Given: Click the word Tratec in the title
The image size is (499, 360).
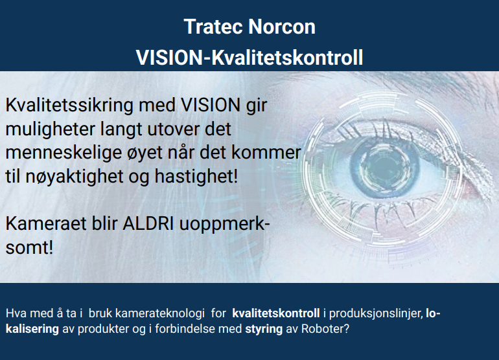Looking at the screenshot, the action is tap(213, 27).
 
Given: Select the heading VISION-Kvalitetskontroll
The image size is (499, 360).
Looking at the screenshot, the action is tap(250, 58).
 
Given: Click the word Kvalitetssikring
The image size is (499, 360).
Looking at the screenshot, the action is tap(69, 106).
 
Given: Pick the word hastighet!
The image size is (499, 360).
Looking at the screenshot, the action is tap(196, 176).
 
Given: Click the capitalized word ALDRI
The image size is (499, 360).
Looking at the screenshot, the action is tap(148, 223).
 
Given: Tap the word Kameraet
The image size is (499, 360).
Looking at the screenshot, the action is tap(46, 223).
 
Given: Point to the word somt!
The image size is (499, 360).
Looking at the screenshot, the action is tap(29, 247).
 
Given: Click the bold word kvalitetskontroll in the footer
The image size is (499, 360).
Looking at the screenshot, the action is tap(276, 313).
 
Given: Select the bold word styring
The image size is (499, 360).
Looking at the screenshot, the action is tap(264, 329).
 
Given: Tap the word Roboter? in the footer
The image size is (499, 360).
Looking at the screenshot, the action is tap(325, 329).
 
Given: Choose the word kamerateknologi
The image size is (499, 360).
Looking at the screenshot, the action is tap(160, 313).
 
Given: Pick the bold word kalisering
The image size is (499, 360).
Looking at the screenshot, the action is tap(32, 329).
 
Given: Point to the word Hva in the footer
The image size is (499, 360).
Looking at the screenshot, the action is tap(16, 313).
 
